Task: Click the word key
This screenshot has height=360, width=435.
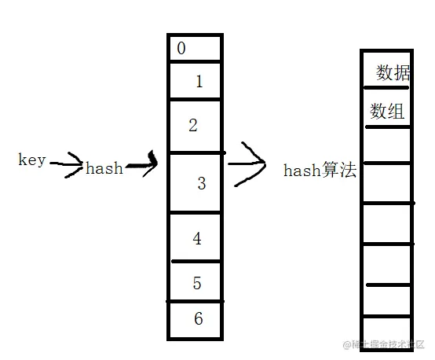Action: (x=32, y=160)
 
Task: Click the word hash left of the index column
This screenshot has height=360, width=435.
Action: (x=104, y=168)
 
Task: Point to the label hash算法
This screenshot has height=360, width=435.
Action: (x=319, y=171)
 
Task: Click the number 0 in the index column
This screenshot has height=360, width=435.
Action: (x=182, y=49)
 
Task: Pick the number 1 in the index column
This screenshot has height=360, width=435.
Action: (x=199, y=80)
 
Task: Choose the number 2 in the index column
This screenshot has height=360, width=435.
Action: (x=193, y=124)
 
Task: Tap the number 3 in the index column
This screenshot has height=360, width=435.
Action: (x=202, y=184)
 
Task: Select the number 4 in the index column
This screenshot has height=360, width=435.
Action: (x=197, y=238)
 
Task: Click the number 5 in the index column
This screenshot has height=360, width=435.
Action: (x=197, y=283)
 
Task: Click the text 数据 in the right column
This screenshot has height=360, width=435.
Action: (x=393, y=73)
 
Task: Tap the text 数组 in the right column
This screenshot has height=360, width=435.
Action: (x=387, y=112)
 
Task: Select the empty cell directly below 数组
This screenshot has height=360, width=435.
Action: (x=386, y=145)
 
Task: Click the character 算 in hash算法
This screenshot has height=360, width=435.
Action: (x=331, y=171)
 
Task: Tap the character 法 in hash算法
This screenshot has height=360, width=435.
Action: (x=348, y=171)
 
